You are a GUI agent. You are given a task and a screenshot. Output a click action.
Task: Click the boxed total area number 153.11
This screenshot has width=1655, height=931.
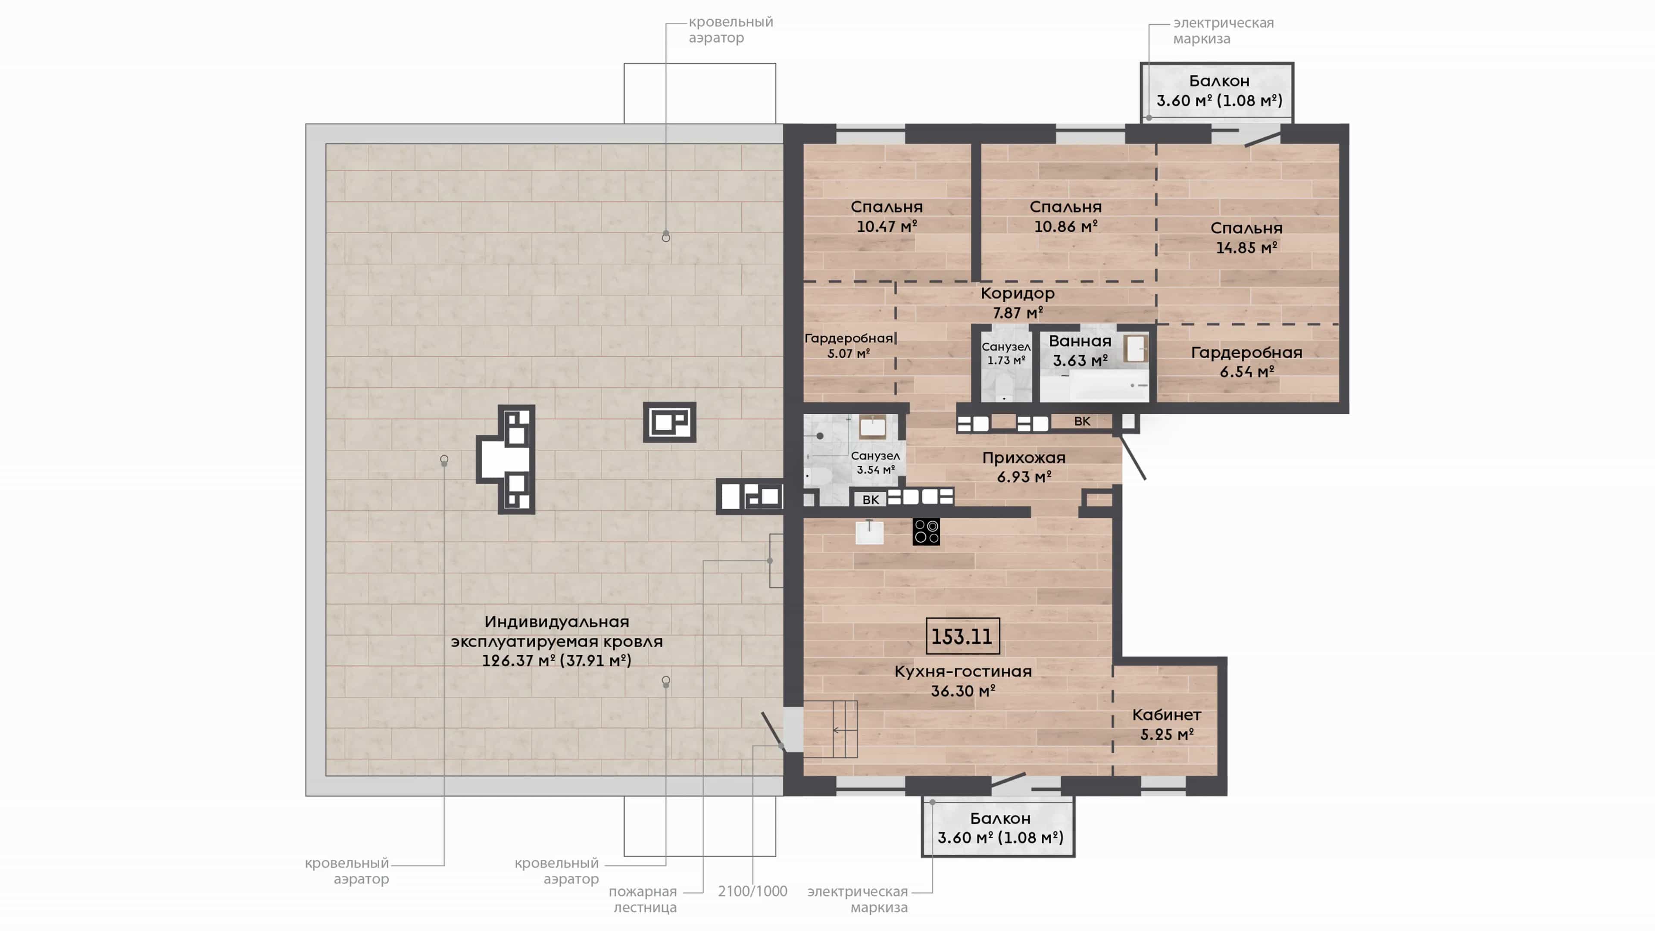(x=962, y=636)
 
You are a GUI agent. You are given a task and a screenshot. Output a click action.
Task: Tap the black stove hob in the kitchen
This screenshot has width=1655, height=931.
(x=926, y=531)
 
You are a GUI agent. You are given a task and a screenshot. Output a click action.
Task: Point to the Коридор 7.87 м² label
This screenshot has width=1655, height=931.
(x=1018, y=303)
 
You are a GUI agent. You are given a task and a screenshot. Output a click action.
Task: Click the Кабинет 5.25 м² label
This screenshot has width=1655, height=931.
(x=1167, y=724)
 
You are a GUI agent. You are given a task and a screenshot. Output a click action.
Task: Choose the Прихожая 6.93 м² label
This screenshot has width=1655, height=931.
(x=1024, y=467)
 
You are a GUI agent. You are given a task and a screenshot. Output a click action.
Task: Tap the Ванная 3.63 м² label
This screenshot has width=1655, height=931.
(x=1080, y=351)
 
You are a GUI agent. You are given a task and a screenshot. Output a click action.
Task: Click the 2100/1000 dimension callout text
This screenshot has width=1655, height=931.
(x=753, y=891)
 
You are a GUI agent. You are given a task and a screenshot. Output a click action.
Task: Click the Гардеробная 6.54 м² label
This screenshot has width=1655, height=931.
(x=1246, y=362)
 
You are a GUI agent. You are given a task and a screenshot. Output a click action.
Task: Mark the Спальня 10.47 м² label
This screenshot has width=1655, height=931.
(x=887, y=216)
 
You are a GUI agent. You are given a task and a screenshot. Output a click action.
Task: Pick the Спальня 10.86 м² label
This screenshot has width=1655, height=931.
(x=1065, y=216)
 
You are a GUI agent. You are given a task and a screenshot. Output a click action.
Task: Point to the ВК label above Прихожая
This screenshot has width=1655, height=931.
(x=1082, y=422)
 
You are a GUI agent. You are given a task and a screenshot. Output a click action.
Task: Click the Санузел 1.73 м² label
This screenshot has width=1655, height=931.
(x=1006, y=353)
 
